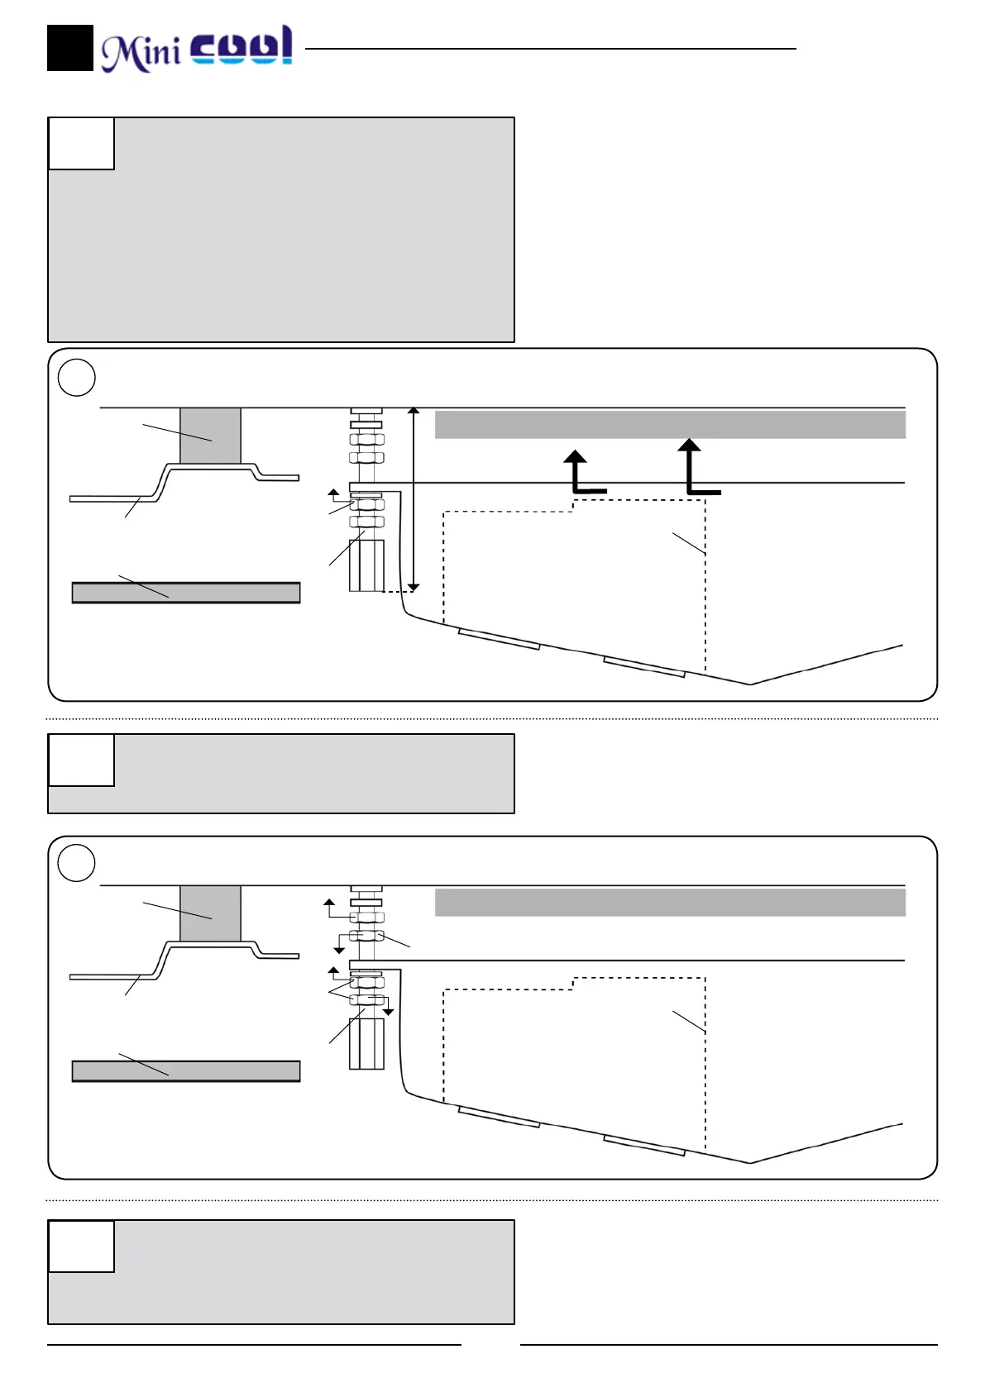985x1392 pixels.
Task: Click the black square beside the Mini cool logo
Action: pyautogui.click(x=69, y=48)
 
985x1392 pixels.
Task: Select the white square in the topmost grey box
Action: pyautogui.click(x=81, y=144)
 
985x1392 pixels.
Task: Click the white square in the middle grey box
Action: pyautogui.click(x=81, y=760)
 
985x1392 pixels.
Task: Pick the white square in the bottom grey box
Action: pyautogui.click(x=81, y=1246)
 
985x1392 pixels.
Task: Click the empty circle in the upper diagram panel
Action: pyautogui.click(x=77, y=378)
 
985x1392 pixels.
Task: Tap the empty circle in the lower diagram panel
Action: pyautogui.click(x=77, y=863)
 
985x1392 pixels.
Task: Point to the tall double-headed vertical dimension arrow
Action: pyautogui.click(x=414, y=498)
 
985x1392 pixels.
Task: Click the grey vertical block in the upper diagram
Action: pyautogui.click(x=210, y=436)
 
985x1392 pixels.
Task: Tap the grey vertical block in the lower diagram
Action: pyautogui.click(x=210, y=913)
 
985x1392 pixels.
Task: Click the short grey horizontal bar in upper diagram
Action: pyautogui.click(x=186, y=593)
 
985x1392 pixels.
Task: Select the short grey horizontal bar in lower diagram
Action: pyautogui.click(x=186, y=1071)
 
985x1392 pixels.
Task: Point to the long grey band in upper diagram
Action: pyautogui.click(x=670, y=425)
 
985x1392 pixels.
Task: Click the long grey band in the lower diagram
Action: pyautogui.click(x=670, y=903)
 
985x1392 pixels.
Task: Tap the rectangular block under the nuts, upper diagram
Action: pyautogui.click(x=366, y=565)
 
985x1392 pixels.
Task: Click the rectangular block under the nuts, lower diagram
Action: pyautogui.click(x=366, y=1044)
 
